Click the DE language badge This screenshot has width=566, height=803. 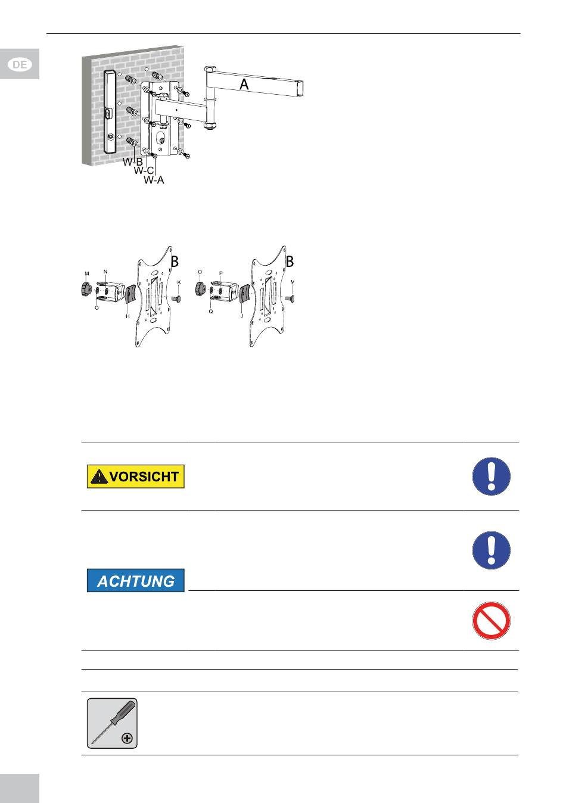coord(20,64)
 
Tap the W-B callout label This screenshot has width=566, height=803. coord(133,161)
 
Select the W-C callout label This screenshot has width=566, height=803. coord(144,170)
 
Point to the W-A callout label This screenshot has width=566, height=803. coord(154,180)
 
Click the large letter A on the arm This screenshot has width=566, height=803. coord(244,85)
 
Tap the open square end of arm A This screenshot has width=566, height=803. coord(300,89)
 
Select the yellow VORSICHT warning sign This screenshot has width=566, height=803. coord(135,477)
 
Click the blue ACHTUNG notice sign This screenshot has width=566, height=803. coord(135,580)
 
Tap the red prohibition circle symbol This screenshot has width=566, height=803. coord(491,621)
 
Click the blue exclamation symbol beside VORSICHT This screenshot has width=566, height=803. coord(491,477)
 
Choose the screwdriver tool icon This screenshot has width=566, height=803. coord(112,723)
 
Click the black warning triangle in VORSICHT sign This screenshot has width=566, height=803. coord(99,477)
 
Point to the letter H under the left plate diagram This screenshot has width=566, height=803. coord(127,316)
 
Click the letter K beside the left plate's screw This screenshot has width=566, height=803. coord(179,282)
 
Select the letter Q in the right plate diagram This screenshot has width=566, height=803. coord(211,312)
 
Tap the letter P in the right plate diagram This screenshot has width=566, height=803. coord(221,273)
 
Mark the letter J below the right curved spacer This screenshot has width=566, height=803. coord(242,316)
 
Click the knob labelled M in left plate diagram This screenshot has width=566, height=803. coord(86,288)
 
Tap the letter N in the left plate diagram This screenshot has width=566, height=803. coord(105,272)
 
